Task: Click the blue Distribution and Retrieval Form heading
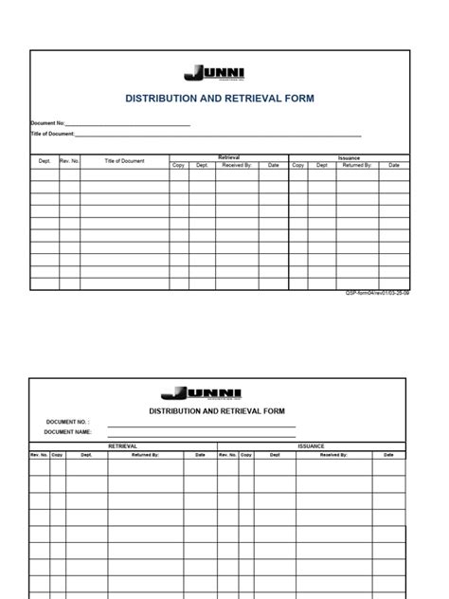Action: point(219,99)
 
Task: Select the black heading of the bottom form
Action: point(216,411)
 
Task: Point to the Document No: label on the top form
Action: point(47,124)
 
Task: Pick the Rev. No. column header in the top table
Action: point(69,161)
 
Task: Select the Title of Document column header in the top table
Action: point(124,161)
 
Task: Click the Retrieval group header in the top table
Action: point(228,157)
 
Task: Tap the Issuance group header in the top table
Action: point(349,157)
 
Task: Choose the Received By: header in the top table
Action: point(237,165)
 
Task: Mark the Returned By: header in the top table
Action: point(357,165)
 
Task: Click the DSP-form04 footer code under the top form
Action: point(377,294)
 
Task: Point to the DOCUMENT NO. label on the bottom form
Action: point(66,422)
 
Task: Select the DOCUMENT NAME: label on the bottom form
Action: point(69,432)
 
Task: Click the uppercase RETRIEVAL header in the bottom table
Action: point(123,445)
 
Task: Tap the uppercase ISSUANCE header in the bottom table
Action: point(311,445)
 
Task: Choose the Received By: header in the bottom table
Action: point(333,455)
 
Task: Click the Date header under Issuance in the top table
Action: point(394,165)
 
